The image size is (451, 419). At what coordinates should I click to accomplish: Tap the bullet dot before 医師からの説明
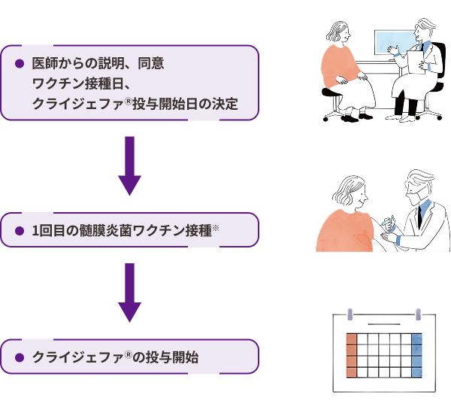(x=20, y=64)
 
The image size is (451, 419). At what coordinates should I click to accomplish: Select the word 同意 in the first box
(x=151, y=64)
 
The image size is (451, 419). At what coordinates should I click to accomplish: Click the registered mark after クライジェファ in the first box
(x=129, y=101)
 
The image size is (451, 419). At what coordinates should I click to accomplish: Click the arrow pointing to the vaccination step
(x=130, y=165)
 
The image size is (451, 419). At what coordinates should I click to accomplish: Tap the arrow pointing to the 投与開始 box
(x=130, y=293)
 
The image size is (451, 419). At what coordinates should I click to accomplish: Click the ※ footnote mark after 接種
(x=216, y=228)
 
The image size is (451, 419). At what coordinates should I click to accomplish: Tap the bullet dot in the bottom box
(x=20, y=357)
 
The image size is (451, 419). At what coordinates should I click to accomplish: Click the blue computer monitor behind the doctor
(x=395, y=43)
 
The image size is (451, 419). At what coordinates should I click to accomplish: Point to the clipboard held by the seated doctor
(x=416, y=62)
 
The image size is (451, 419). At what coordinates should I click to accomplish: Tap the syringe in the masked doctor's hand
(x=386, y=222)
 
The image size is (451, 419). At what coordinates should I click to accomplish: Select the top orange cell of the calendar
(x=352, y=339)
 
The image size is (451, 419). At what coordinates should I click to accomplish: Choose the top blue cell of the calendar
(x=416, y=339)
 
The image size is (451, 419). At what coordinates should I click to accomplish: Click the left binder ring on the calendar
(x=350, y=314)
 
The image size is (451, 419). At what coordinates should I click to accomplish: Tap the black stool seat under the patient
(x=331, y=92)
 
